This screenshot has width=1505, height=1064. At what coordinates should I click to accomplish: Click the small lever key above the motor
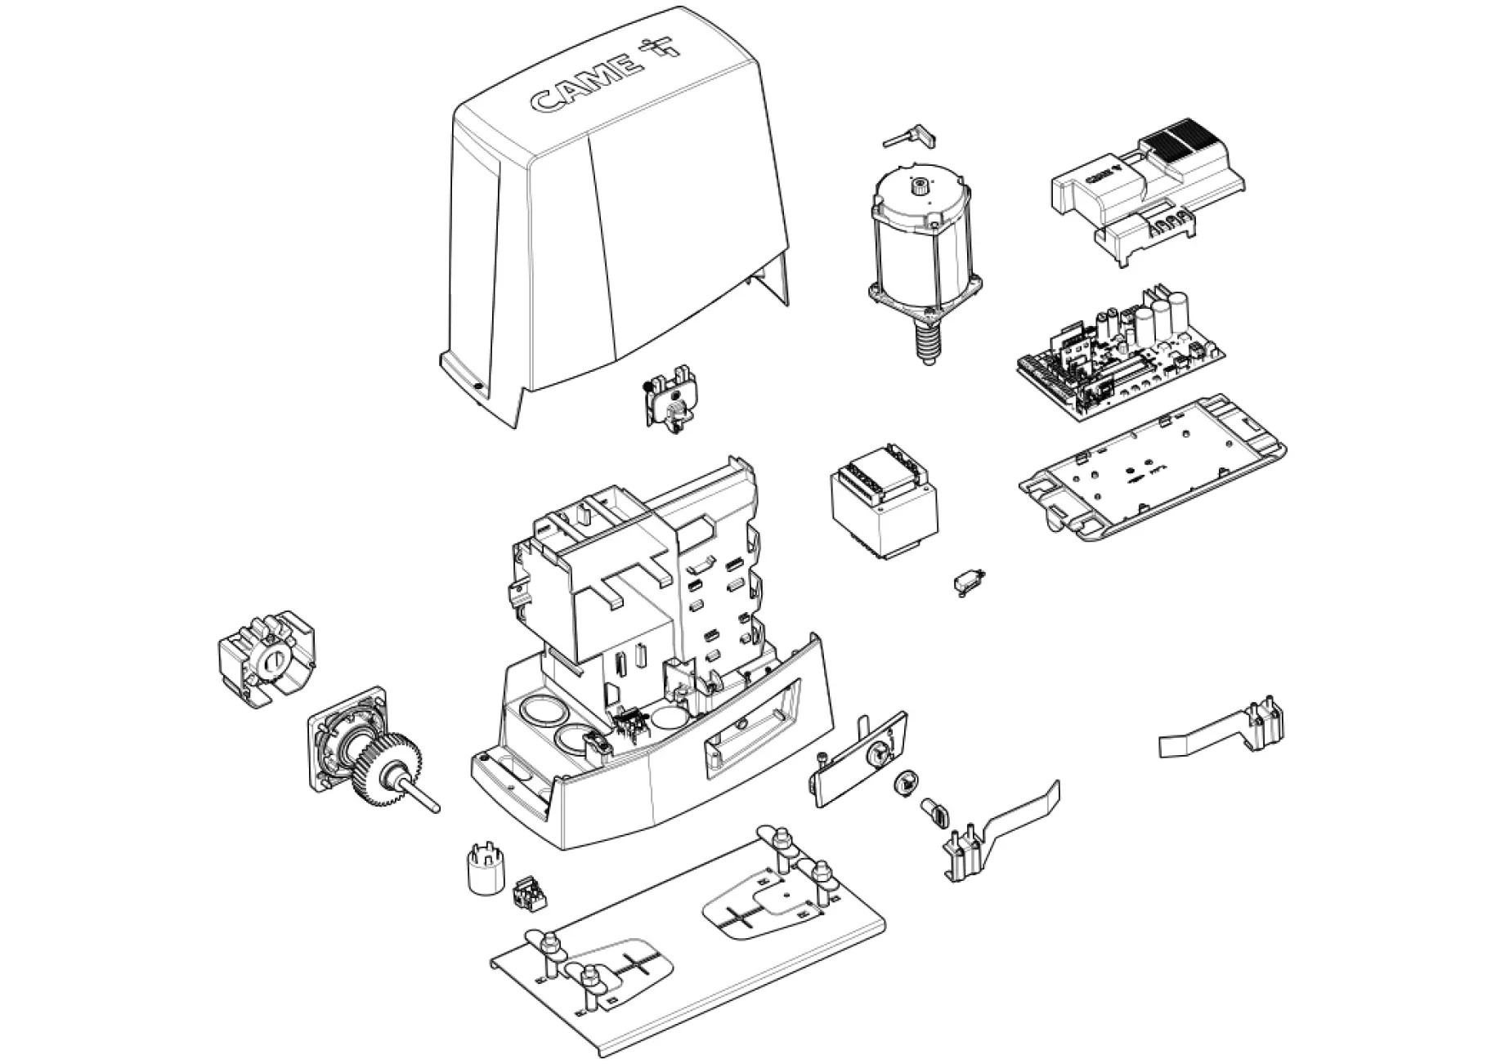click(x=909, y=137)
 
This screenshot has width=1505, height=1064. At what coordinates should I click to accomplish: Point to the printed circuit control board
click(x=1120, y=351)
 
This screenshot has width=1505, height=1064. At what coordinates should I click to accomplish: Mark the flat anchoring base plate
click(x=687, y=948)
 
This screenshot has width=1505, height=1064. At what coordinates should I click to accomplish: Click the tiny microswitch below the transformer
click(x=968, y=581)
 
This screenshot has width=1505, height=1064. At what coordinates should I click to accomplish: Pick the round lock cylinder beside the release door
click(x=907, y=782)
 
